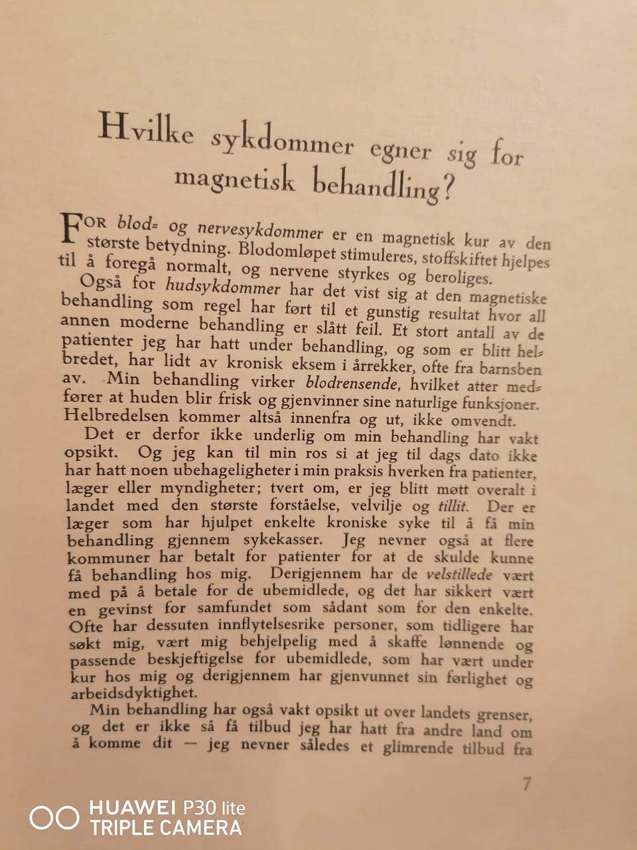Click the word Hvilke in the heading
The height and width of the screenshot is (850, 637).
[146, 129]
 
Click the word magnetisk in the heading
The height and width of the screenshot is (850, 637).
[234, 179]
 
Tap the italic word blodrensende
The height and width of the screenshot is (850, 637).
[352, 383]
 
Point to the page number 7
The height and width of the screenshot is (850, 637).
[526, 784]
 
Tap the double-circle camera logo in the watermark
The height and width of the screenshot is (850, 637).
[54, 817]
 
